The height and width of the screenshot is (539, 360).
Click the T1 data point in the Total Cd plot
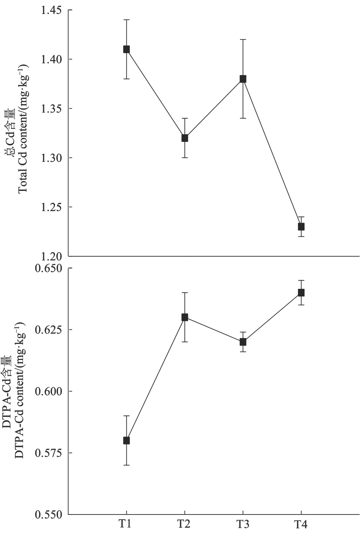pyautogui.click(x=126, y=49)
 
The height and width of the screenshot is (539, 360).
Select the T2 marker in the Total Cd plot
pyautogui.click(x=185, y=138)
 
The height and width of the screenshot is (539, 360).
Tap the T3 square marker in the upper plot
pyautogui.click(x=243, y=79)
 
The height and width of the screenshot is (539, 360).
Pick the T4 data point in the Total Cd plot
pyautogui.click(x=301, y=226)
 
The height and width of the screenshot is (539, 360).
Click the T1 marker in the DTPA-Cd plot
pyautogui.click(x=126, y=440)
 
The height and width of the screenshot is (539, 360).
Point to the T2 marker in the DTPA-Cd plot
pyautogui.click(x=185, y=317)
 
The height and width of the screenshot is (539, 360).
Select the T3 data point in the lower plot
pyautogui.click(x=243, y=342)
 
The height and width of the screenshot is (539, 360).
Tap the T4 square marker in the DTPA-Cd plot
pyautogui.click(x=301, y=293)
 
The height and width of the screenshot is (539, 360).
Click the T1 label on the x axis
pyautogui.click(x=125, y=524)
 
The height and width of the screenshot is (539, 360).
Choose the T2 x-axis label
pyautogui.click(x=184, y=524)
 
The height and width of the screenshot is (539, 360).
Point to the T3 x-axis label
pyautogui.click(x=242, y=524)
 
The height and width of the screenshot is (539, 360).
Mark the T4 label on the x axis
pyautogui.click(x=300, y=524)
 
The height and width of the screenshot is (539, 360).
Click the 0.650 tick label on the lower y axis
pyautogui.click(x=48, y=269)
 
